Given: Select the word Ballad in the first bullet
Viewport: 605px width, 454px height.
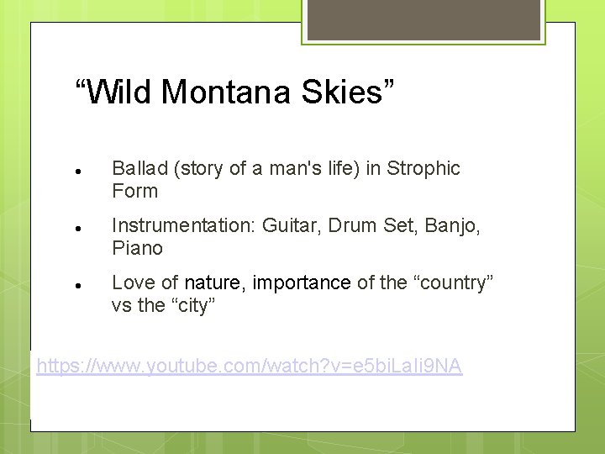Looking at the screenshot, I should [139, 169].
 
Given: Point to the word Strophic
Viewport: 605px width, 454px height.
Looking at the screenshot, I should [424, 169].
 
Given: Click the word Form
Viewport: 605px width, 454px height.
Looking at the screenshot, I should [134, 192].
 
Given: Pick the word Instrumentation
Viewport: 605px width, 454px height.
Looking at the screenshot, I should [184, 226].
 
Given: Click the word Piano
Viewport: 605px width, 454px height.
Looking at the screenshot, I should [137, 249].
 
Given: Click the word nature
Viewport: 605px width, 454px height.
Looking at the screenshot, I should [213, 283].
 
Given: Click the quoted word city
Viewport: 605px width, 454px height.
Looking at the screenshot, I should [192, 306].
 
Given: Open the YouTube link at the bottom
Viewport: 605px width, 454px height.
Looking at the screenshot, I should [250, 367].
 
